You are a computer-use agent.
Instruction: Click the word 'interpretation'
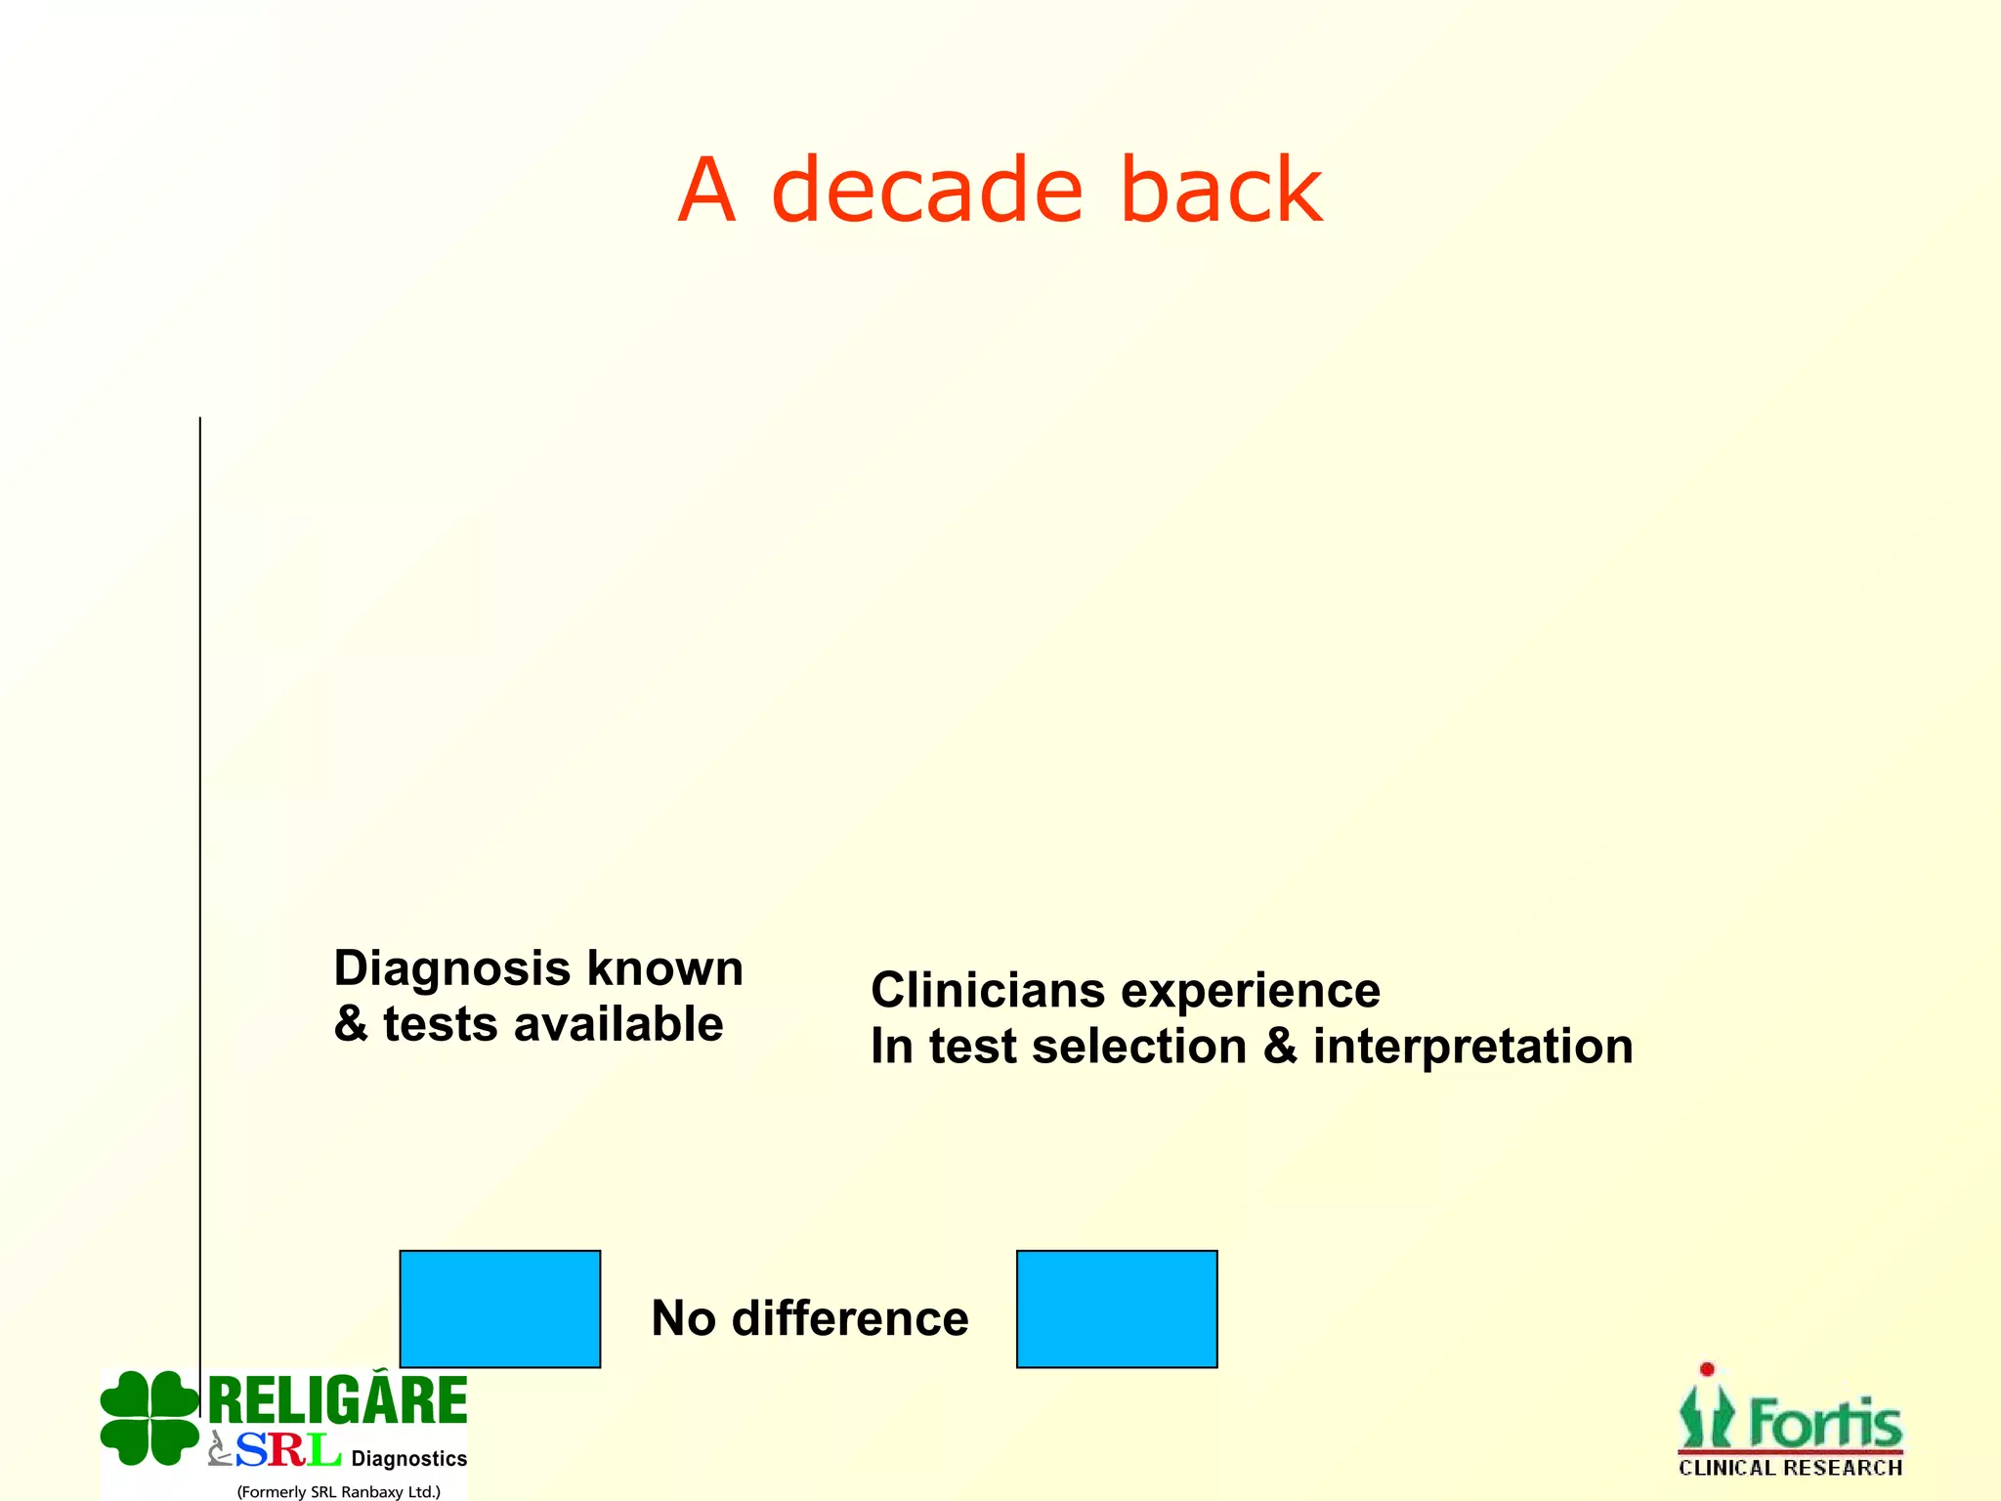(1472, 1048)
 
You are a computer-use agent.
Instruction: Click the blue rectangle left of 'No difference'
(500, 1308)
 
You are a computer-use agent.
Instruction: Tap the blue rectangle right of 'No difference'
(1117, 1308)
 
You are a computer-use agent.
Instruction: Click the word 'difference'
(850, 1318)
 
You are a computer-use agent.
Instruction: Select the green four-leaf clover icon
(149, 1418)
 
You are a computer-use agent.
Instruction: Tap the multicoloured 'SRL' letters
(288, 1450)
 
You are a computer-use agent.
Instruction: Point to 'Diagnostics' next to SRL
(408, 1459)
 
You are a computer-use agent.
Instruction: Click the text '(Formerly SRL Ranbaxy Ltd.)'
(338, 1491)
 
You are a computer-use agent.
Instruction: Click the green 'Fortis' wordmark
(1823, 1423)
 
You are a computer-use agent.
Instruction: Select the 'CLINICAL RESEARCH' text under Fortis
(1790, 1468)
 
